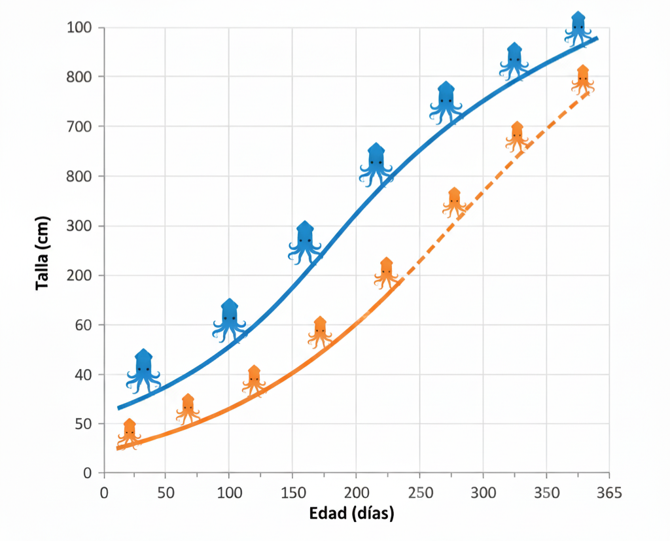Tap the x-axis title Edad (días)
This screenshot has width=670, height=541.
351,514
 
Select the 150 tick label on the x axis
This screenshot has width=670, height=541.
292,491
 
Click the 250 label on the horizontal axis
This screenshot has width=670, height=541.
419,491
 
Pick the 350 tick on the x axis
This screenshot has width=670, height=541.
546,491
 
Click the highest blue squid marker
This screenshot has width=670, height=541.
578,29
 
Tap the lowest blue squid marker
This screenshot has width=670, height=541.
143,371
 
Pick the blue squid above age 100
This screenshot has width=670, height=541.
229,321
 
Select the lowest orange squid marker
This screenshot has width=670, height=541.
130,434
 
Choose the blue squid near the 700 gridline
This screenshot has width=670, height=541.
446,103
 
